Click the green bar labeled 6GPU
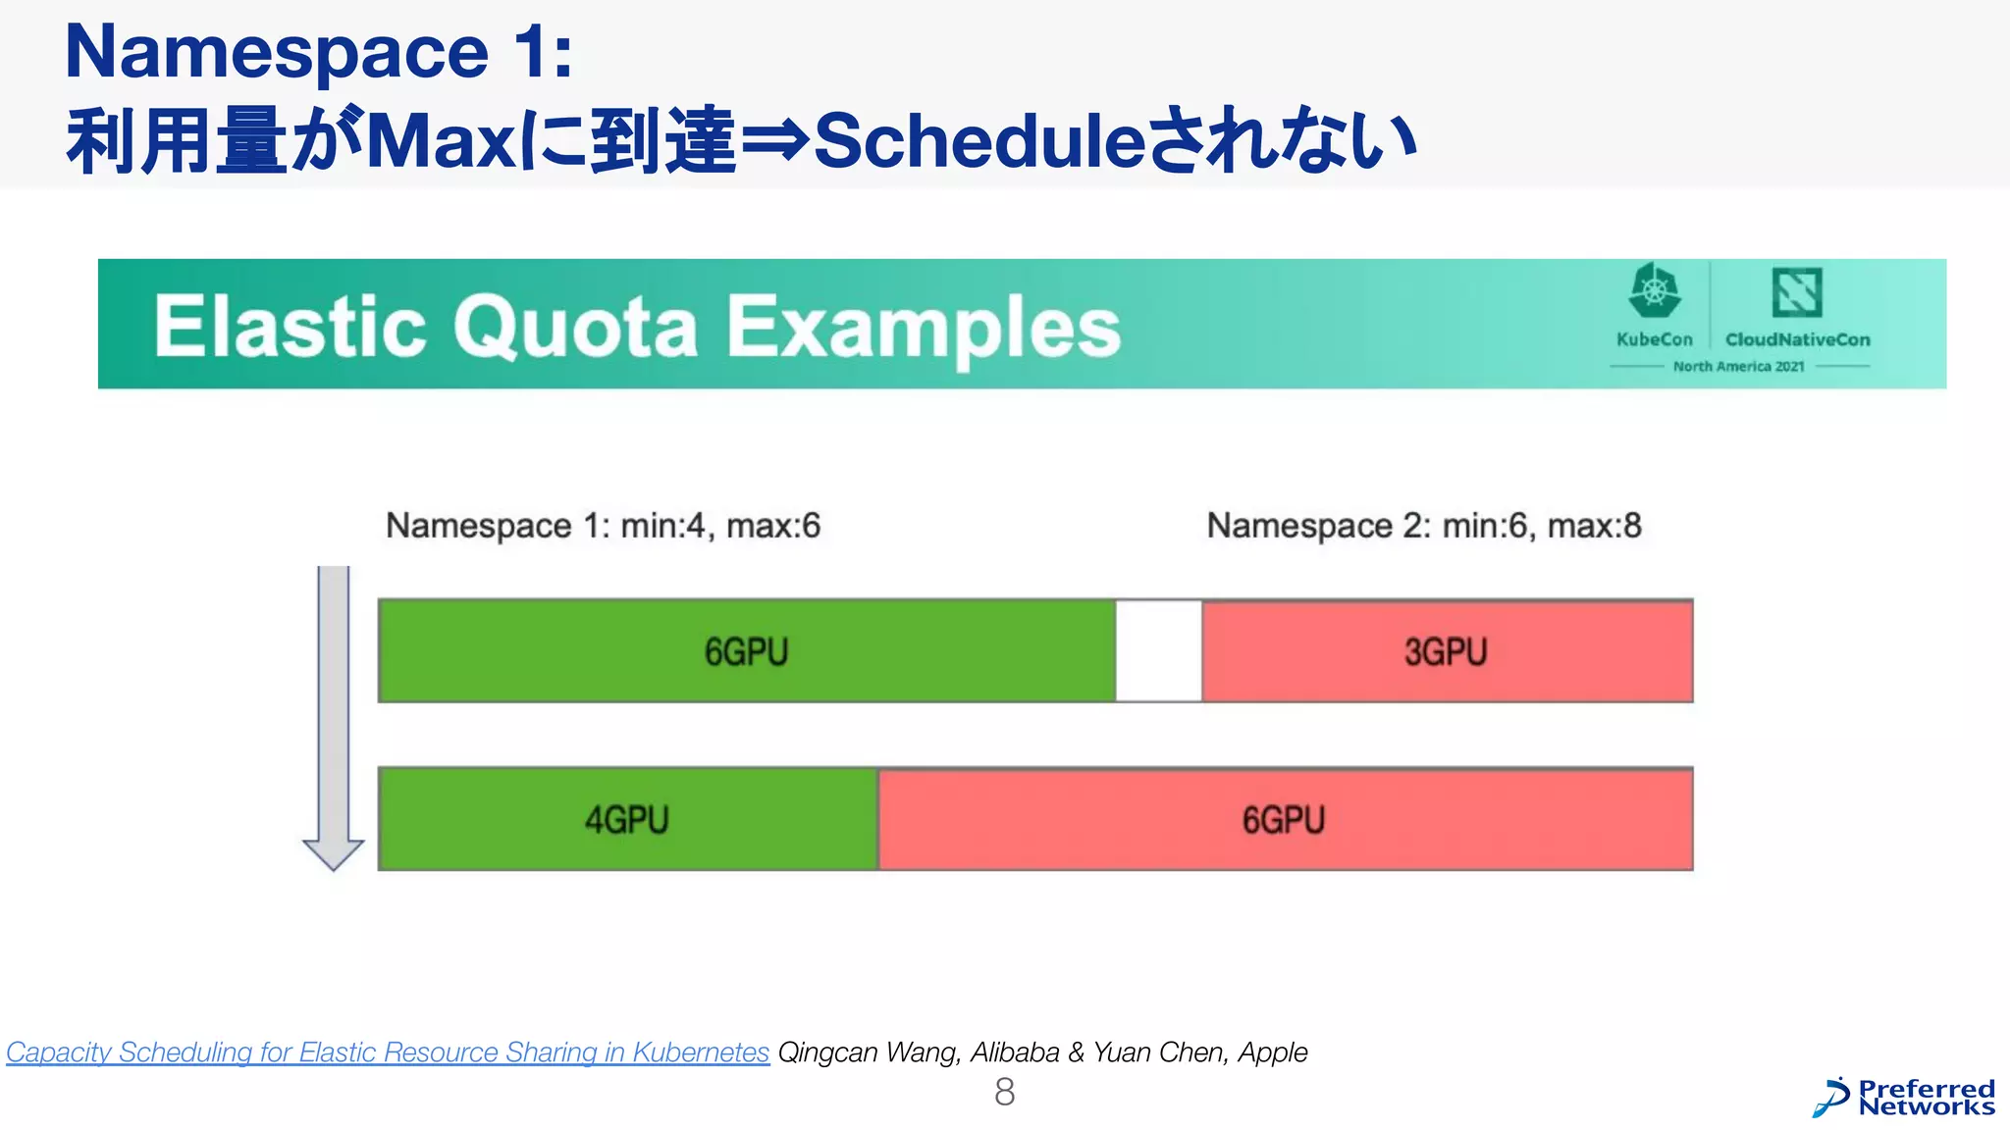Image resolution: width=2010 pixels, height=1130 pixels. point(746,651)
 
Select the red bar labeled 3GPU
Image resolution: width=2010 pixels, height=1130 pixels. point(1447,651)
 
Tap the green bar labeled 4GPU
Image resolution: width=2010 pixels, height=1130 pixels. point(628,819)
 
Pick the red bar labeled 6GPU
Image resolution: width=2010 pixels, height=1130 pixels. point(1284,819)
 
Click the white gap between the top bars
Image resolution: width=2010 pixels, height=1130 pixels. point(1159,651)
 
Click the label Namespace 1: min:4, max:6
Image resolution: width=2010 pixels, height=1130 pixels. point(603,526)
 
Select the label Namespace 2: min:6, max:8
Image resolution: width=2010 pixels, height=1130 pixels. point(1423,526)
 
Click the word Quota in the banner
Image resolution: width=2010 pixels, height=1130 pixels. point(575,327)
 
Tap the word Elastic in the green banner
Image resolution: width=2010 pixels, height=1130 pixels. point(290,327)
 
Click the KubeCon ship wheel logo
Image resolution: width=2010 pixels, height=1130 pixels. point(1655,291)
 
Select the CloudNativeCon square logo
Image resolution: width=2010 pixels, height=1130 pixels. point(1797,292)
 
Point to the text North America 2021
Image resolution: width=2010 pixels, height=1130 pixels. point(1738,367)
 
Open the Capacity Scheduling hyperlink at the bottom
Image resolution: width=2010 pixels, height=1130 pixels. point(388,1053)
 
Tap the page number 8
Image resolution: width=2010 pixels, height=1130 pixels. point(1004,1092)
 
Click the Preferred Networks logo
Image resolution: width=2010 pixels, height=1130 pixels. point(1904,1098)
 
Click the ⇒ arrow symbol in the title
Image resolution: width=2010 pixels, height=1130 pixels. point(775,140)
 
